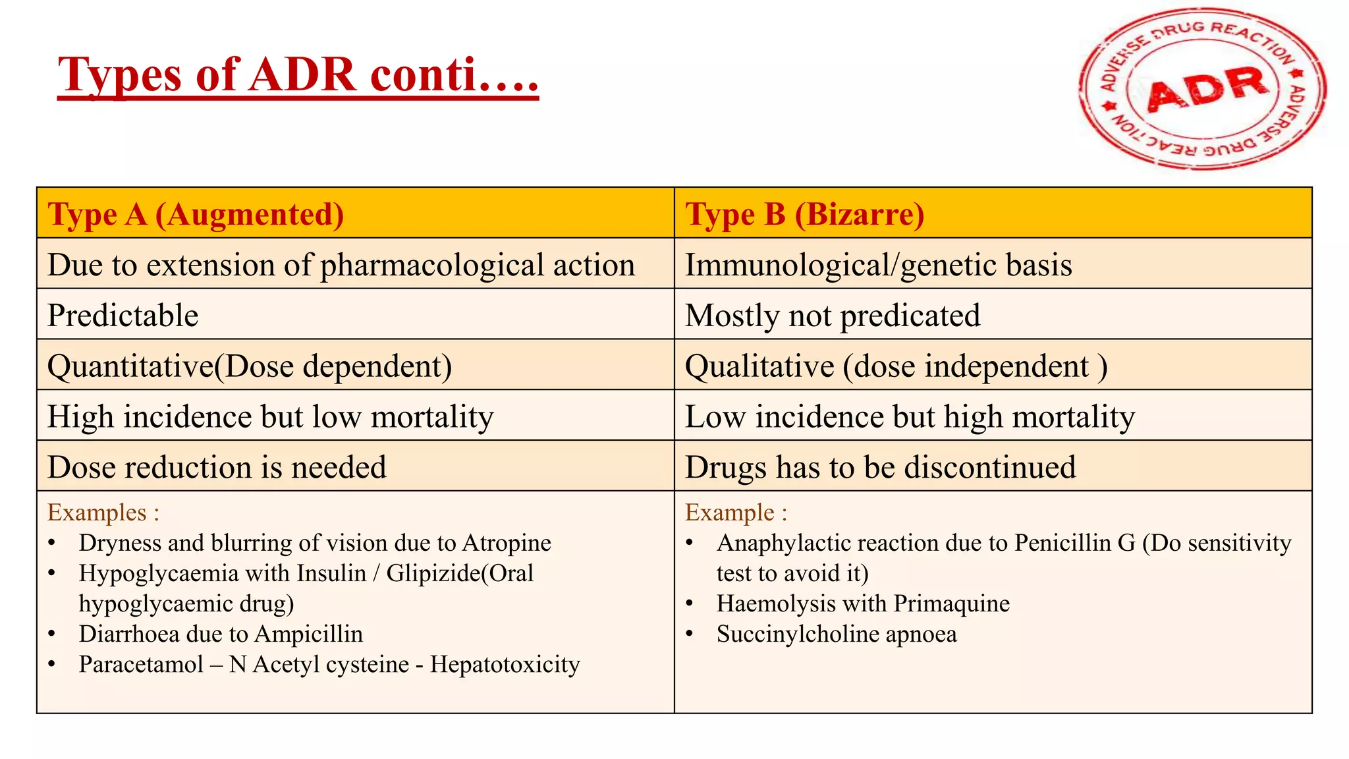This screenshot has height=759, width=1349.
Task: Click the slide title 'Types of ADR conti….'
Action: click(298, 75)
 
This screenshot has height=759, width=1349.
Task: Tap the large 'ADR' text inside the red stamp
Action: click(1207, 88)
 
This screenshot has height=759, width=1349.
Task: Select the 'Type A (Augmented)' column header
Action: click(196, 215)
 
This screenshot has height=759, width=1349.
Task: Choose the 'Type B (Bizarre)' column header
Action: click(804, 215)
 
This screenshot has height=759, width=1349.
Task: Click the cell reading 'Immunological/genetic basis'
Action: click(878, 265)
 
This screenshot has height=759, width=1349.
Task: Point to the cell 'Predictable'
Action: click(123, 316)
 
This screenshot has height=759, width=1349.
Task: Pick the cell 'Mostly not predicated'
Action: click(833, 316)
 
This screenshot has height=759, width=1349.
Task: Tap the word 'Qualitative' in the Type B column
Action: click(759, 366)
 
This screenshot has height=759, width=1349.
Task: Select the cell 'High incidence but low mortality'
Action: click(270, 417)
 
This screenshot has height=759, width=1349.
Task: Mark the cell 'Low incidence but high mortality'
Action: click(910, 417)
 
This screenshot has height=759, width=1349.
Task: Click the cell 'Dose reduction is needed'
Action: click(217, 468)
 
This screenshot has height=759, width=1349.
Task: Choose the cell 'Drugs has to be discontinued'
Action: click(880, 468)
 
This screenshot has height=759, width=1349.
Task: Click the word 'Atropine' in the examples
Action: click(507, 543)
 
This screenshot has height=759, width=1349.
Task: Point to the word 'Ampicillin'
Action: click(308, 634)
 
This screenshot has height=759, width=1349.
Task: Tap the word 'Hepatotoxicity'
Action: click(505, 664)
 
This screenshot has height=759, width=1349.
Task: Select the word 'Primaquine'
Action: click(952, 604)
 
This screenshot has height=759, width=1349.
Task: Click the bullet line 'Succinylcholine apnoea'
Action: click(837, 634)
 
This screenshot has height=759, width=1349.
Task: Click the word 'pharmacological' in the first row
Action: click(432, 266)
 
